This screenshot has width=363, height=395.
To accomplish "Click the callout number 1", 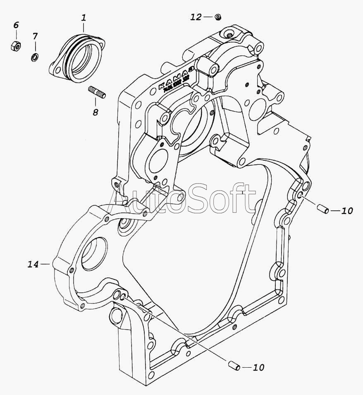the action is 84,17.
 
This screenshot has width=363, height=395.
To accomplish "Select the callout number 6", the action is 16,25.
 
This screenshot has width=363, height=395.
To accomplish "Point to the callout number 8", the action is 95,112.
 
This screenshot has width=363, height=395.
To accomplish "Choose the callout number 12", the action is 196,17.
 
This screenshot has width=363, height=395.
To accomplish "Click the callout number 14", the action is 33,264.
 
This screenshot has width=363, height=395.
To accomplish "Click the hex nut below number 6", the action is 16,46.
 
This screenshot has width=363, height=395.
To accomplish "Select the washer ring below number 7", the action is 35,57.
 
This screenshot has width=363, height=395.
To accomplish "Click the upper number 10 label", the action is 347,211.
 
